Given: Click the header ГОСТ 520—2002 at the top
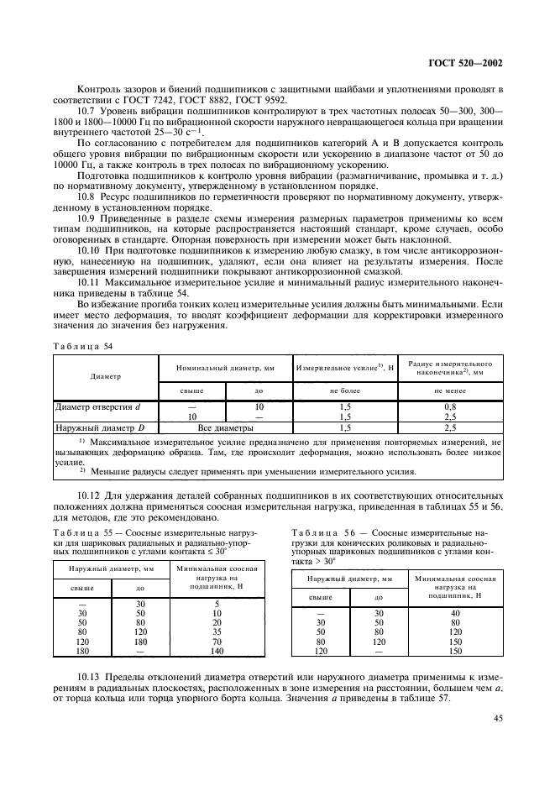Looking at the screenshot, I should point(464,62).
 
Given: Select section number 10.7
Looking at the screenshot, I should point(88,110).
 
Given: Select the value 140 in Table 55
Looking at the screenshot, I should point(217,650).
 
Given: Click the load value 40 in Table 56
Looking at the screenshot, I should point(455,613).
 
